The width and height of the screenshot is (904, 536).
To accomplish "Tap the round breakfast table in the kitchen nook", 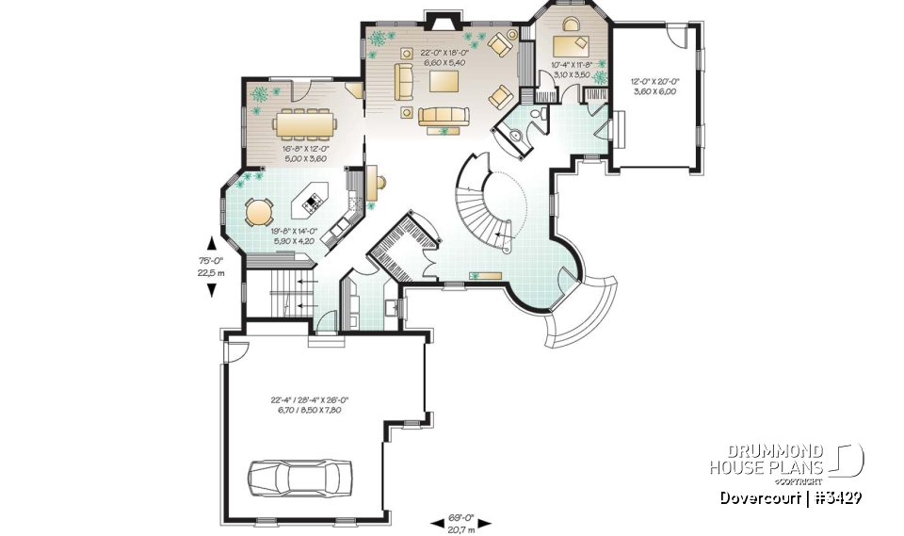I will tap(258, 211).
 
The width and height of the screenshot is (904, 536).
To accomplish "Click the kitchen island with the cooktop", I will tap(312, 200).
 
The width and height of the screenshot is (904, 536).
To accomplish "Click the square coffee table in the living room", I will tap(444, 81).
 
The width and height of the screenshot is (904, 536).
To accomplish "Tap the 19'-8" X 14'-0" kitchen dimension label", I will tap(295, 235).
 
